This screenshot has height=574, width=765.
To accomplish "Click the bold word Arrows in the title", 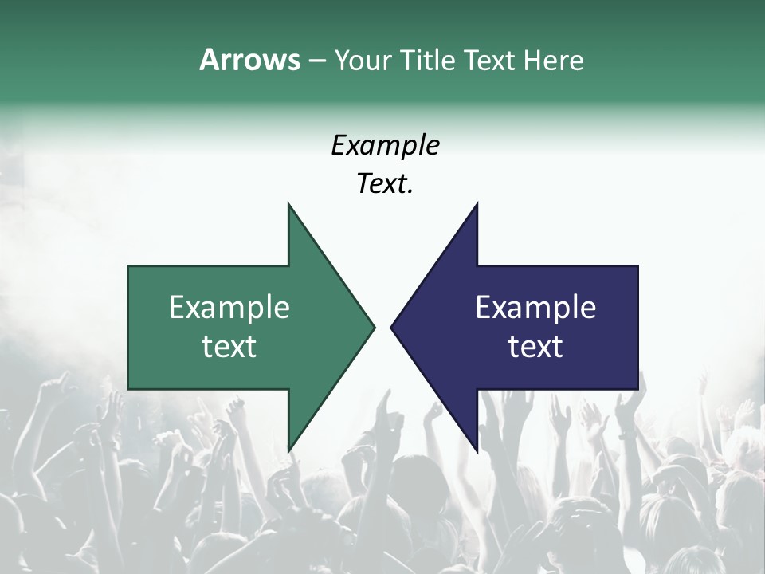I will tap(249, 60).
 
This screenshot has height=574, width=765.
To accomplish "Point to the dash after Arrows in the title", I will tap(316, 61).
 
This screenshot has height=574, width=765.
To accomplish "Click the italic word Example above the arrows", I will tap(385, 145).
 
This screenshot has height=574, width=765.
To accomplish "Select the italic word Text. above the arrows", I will tap(385, 183).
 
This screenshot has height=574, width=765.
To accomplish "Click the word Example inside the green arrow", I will tap(229, 307).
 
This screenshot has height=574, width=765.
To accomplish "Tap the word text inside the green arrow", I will tap(229, 346).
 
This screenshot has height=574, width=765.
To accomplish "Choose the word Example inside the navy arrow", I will tap(535, 307).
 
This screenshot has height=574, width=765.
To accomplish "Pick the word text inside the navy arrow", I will tap(535, 346).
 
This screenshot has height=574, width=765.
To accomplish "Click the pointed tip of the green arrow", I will tap(374, 327).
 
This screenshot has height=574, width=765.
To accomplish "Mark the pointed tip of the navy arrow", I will tap(391, 327).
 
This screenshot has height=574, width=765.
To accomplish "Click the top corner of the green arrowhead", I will tap(288, 204).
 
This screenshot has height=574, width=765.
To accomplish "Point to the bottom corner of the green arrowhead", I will tap(288, 450).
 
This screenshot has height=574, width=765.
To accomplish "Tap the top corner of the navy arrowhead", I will tap(477, 204).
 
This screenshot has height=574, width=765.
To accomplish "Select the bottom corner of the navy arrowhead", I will tap(477, 450).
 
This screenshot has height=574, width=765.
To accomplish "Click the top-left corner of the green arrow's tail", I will tap(128, 266).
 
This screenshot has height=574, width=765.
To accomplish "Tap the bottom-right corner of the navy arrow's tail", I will tap(637, 388).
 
